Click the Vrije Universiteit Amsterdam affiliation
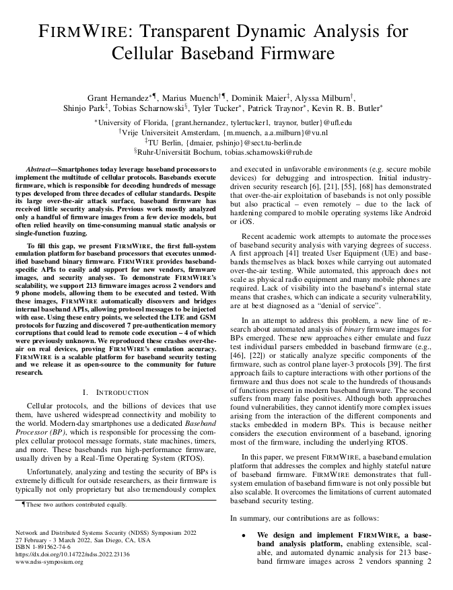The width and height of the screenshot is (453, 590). pos(170,133)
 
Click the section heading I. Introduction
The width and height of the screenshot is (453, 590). pos(115,392)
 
